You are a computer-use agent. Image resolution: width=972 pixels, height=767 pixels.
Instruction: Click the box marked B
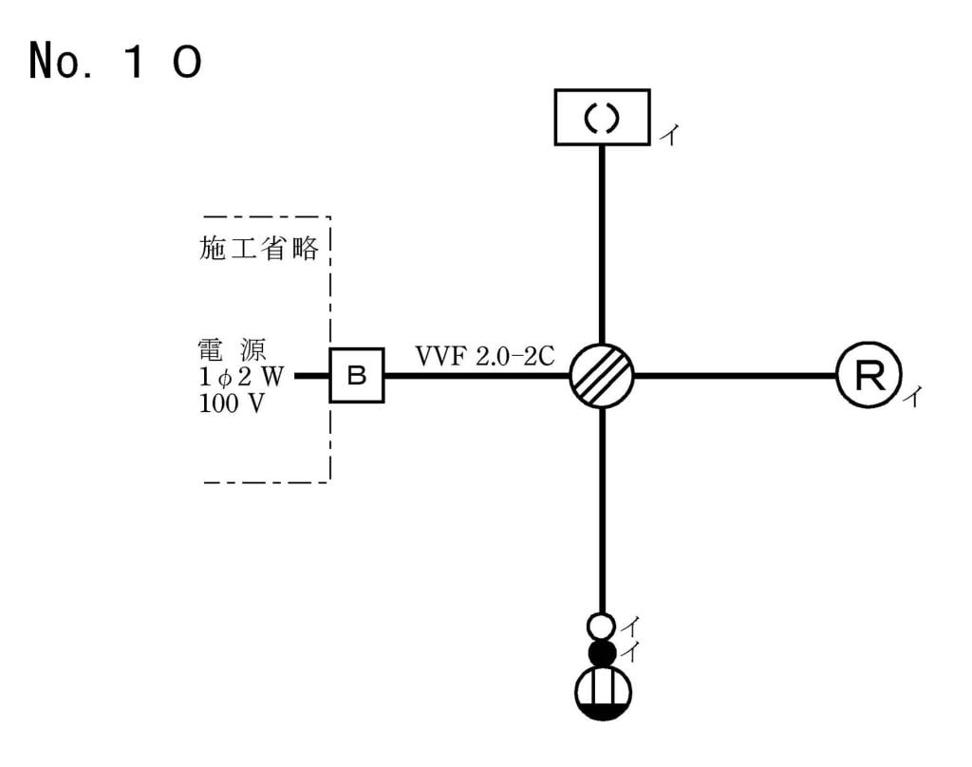(x=357, y=375)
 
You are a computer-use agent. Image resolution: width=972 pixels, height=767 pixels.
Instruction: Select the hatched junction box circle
(x=602, y=376)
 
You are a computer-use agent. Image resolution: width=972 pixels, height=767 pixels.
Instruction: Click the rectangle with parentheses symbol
(x=602, y=117)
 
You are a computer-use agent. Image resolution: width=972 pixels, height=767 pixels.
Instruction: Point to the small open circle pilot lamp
(x=601, y=627)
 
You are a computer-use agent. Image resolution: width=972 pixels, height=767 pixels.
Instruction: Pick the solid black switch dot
(x=601, y=652)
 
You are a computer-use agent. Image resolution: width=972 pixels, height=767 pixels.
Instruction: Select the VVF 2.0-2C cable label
(x=484, y=357)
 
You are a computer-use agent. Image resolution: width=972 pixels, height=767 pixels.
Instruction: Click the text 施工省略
(x=257, y=249)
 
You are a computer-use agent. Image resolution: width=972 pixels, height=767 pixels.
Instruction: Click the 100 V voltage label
(x=232, y=402)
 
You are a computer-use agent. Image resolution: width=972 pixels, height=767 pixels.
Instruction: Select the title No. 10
(x=114, y=62)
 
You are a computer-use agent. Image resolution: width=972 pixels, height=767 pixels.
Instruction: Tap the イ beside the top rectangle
(x=668, y=136)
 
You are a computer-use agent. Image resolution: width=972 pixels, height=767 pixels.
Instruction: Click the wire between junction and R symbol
(x=735, y=376)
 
